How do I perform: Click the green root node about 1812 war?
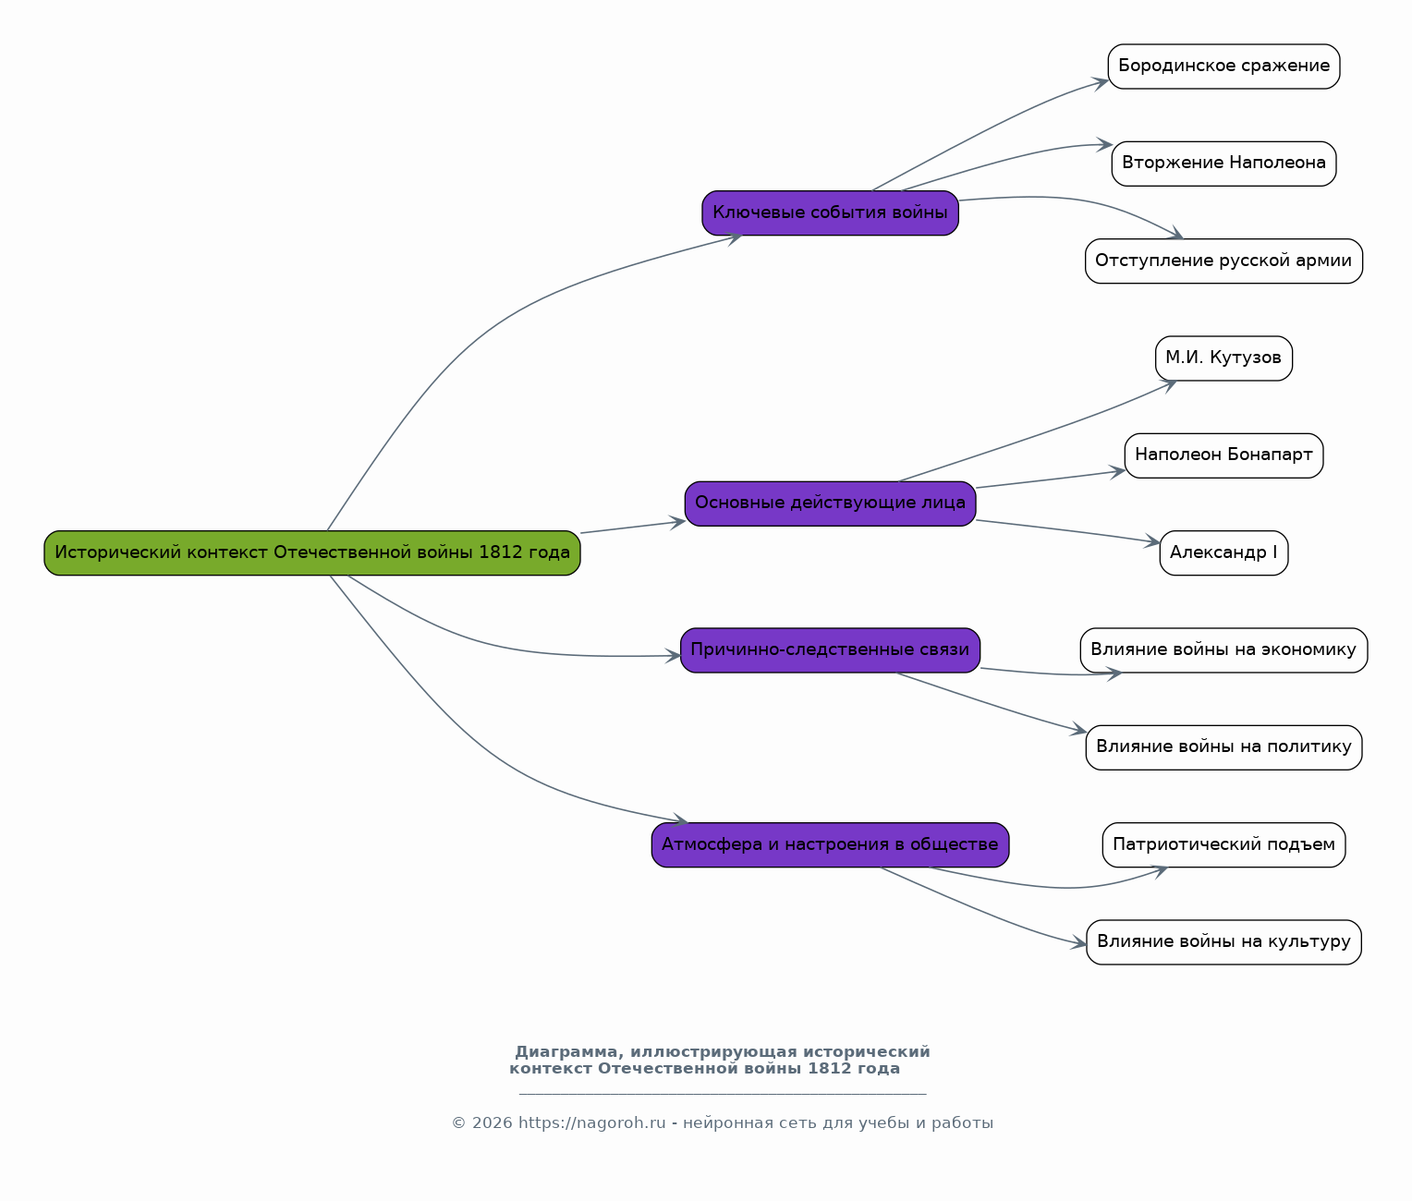(x=312, y=553)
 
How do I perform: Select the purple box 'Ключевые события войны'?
(x=830, y=213)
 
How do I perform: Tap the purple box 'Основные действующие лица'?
(x=830, y=503)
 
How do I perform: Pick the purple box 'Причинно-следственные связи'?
(x=830, y=650)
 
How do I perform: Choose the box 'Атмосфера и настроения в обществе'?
(x=830, y=845)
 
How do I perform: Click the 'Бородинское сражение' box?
(x=1223, y=67)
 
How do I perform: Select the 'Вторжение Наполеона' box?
(x=1223, y=164)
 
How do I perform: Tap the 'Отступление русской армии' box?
(x=1223, y=261)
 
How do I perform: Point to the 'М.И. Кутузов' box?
(x=1223, y=358)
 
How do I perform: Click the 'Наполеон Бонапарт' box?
(x=1223, y=455)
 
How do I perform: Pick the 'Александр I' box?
(x=1223, y=553)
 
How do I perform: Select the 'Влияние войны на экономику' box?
(x=1223, y=650)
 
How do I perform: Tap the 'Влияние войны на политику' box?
(x=1223, y=747)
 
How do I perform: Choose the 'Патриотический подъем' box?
(x=1223, y=845)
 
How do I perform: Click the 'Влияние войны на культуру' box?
(x=1223, y=942)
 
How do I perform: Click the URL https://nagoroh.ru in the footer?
(x=591, y=1123)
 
